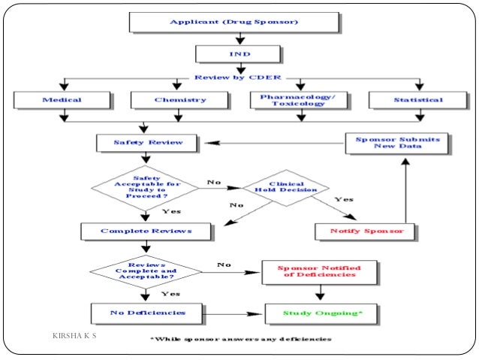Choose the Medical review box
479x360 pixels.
click(x=62, y=100)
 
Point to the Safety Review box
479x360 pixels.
click(x=148, y=141)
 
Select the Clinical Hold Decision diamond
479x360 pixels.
click(x=285, y=189)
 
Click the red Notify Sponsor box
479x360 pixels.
click(x=367, y=231)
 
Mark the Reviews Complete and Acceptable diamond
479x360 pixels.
click(x=147, y=271)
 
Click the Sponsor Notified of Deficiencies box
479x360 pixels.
click(x=319, y=271)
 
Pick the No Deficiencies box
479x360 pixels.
click(x=147, y=311)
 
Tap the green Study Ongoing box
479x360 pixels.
click(x=319, y=311)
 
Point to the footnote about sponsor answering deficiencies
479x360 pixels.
click(x=240, y=339)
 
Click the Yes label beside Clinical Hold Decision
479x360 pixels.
click(x=343, y=200)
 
